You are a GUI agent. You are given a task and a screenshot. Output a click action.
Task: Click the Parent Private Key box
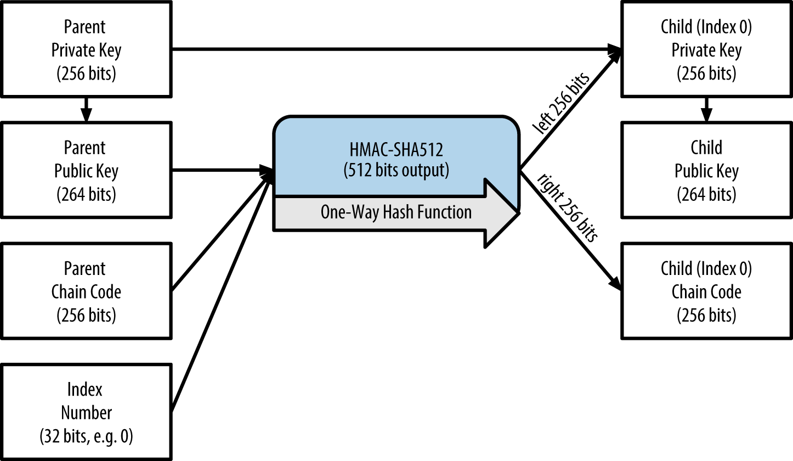(x=86, y=50)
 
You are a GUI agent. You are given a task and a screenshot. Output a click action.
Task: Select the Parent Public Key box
(x=86, y=171)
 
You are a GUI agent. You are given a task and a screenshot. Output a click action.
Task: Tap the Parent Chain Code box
(x=86, y=291)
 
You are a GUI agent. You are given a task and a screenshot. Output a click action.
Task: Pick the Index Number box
(x=86, y=412)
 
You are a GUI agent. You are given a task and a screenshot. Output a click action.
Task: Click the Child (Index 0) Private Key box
(x=706, y=50)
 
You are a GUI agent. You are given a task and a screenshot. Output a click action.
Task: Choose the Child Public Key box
(x=706, y=171)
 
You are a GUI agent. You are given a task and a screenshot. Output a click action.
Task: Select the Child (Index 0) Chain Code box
(x=706, y=291)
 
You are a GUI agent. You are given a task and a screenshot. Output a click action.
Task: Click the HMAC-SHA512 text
(x=396, y=149)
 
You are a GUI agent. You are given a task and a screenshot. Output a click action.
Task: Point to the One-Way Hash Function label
(x=396, y=212)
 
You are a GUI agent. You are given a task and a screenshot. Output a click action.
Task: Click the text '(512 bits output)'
(x=396, y=171)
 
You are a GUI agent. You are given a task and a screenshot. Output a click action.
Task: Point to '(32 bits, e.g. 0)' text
(x=86, y=437)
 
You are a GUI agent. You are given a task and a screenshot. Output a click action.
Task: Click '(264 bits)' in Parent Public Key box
(x=86, y=194)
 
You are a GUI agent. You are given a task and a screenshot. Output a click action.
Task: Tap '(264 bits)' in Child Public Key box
(x=706, y=194)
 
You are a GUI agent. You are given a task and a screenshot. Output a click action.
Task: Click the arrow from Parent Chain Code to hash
(x=222, y=233)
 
